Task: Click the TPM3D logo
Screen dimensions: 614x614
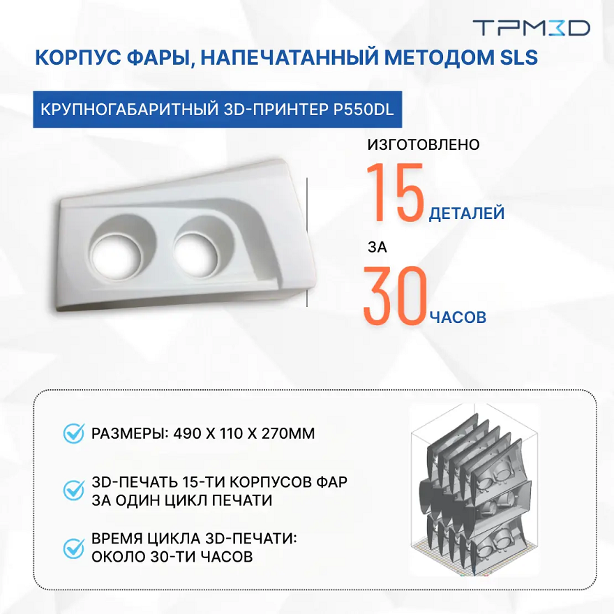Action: pos(532,28)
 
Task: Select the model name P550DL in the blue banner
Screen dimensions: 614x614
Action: pos(363,110)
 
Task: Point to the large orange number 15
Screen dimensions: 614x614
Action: pos(396,193)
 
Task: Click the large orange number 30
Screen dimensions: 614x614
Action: pos(395,296)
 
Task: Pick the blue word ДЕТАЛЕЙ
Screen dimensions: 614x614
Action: pos(466,214)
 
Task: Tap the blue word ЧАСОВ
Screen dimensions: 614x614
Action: pos(458,317)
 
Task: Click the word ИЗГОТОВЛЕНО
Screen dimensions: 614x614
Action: pos(424,144)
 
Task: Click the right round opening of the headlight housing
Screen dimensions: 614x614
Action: pos(195,254)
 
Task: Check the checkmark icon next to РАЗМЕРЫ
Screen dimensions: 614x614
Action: pos(74,433)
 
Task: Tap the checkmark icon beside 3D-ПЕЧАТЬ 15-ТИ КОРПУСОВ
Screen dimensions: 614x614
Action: pos(74,491)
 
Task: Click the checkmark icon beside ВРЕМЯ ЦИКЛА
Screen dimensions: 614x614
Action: pos(74,548)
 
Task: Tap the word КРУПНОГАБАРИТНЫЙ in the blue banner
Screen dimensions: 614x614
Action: pos(130,110)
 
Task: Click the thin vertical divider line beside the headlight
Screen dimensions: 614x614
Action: pos(307,242)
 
